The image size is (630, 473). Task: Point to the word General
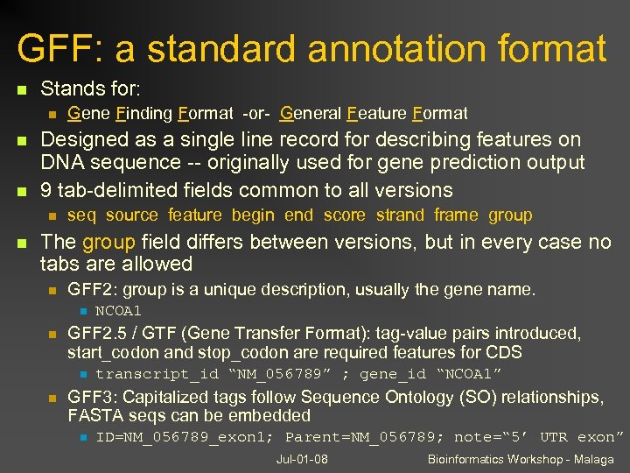pyautogui.click(x=311, y=113)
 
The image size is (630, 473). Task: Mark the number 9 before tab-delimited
pyautogui.click(x=47, y=190)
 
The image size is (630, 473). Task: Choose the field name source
pyautogui.click(x=131, y=215)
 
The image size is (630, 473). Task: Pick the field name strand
pyautogui.click(x=402, y=215)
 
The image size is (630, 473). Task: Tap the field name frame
pyautogui.click(x=456, y=215)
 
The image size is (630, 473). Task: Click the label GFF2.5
pyautogui.click(x=100, y=334)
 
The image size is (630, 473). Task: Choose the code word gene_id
pyautogui.click(x=388, y=374)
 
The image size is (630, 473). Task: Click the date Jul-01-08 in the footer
pyautogui.click(x=302, y=460)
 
